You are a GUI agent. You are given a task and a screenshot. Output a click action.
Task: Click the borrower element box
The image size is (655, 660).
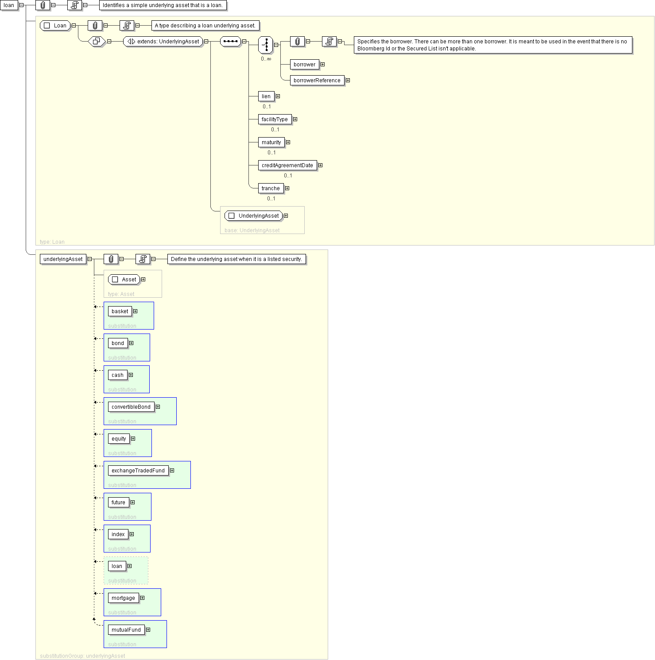pyautogui.click(x=305, y=65)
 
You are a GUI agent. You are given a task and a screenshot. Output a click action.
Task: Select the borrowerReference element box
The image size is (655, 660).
pyautogui.click(x=317, y=81)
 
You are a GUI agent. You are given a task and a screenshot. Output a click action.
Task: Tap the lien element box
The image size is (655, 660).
pyautogui.click(x=266, y=96)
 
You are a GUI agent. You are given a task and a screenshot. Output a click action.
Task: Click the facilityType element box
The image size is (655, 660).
pyautogui.click(x=275, y=119)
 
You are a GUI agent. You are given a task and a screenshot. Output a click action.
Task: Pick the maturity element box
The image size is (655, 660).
pyautogui.click(x=271, y=142)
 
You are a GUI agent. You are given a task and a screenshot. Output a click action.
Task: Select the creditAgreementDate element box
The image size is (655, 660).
pyautogui.click(x=287, y=165)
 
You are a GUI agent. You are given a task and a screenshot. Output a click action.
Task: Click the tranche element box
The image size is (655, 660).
pyautogui.click(x=271, y=188)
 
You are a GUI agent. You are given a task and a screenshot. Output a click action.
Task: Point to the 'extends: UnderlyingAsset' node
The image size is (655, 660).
pyautogui.click(x=163, y=42)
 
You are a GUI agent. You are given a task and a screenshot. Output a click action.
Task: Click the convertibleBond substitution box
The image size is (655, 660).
pyautogui.click(x=140, y=411)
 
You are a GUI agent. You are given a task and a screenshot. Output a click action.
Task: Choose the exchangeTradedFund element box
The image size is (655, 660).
pyautogui.click(x=138, y=471)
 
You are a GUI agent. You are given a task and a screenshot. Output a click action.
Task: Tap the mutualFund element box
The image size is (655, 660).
pyautogui.click(x=126, y=630)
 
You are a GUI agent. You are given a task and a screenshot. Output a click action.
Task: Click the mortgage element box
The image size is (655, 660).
pyautogui.click(x=123, y=598)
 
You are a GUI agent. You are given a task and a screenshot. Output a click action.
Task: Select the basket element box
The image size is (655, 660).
pyautogui.click(x=120, y=311)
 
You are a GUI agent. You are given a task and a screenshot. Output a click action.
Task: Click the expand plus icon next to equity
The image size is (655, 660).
pyautogui.click(x=133, y=439)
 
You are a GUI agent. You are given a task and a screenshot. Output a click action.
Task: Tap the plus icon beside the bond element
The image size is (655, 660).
pyautogui.click(x=131, y=343)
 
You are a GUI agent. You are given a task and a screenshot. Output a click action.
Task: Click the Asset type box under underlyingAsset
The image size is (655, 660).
pyautogui.click(x=124, y=280)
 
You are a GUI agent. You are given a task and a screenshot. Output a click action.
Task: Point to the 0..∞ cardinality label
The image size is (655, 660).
pyautogui.click(x=266, y=59)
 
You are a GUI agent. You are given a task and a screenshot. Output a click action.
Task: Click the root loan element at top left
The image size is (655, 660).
pyautogui.click(x=9, y=5)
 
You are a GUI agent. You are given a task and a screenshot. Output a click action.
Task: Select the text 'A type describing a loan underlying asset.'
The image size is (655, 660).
pyautogui.click(x=205, y=26)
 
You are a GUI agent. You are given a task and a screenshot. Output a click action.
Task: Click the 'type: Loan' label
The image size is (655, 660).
pyautogui.click(x=52, y=242)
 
